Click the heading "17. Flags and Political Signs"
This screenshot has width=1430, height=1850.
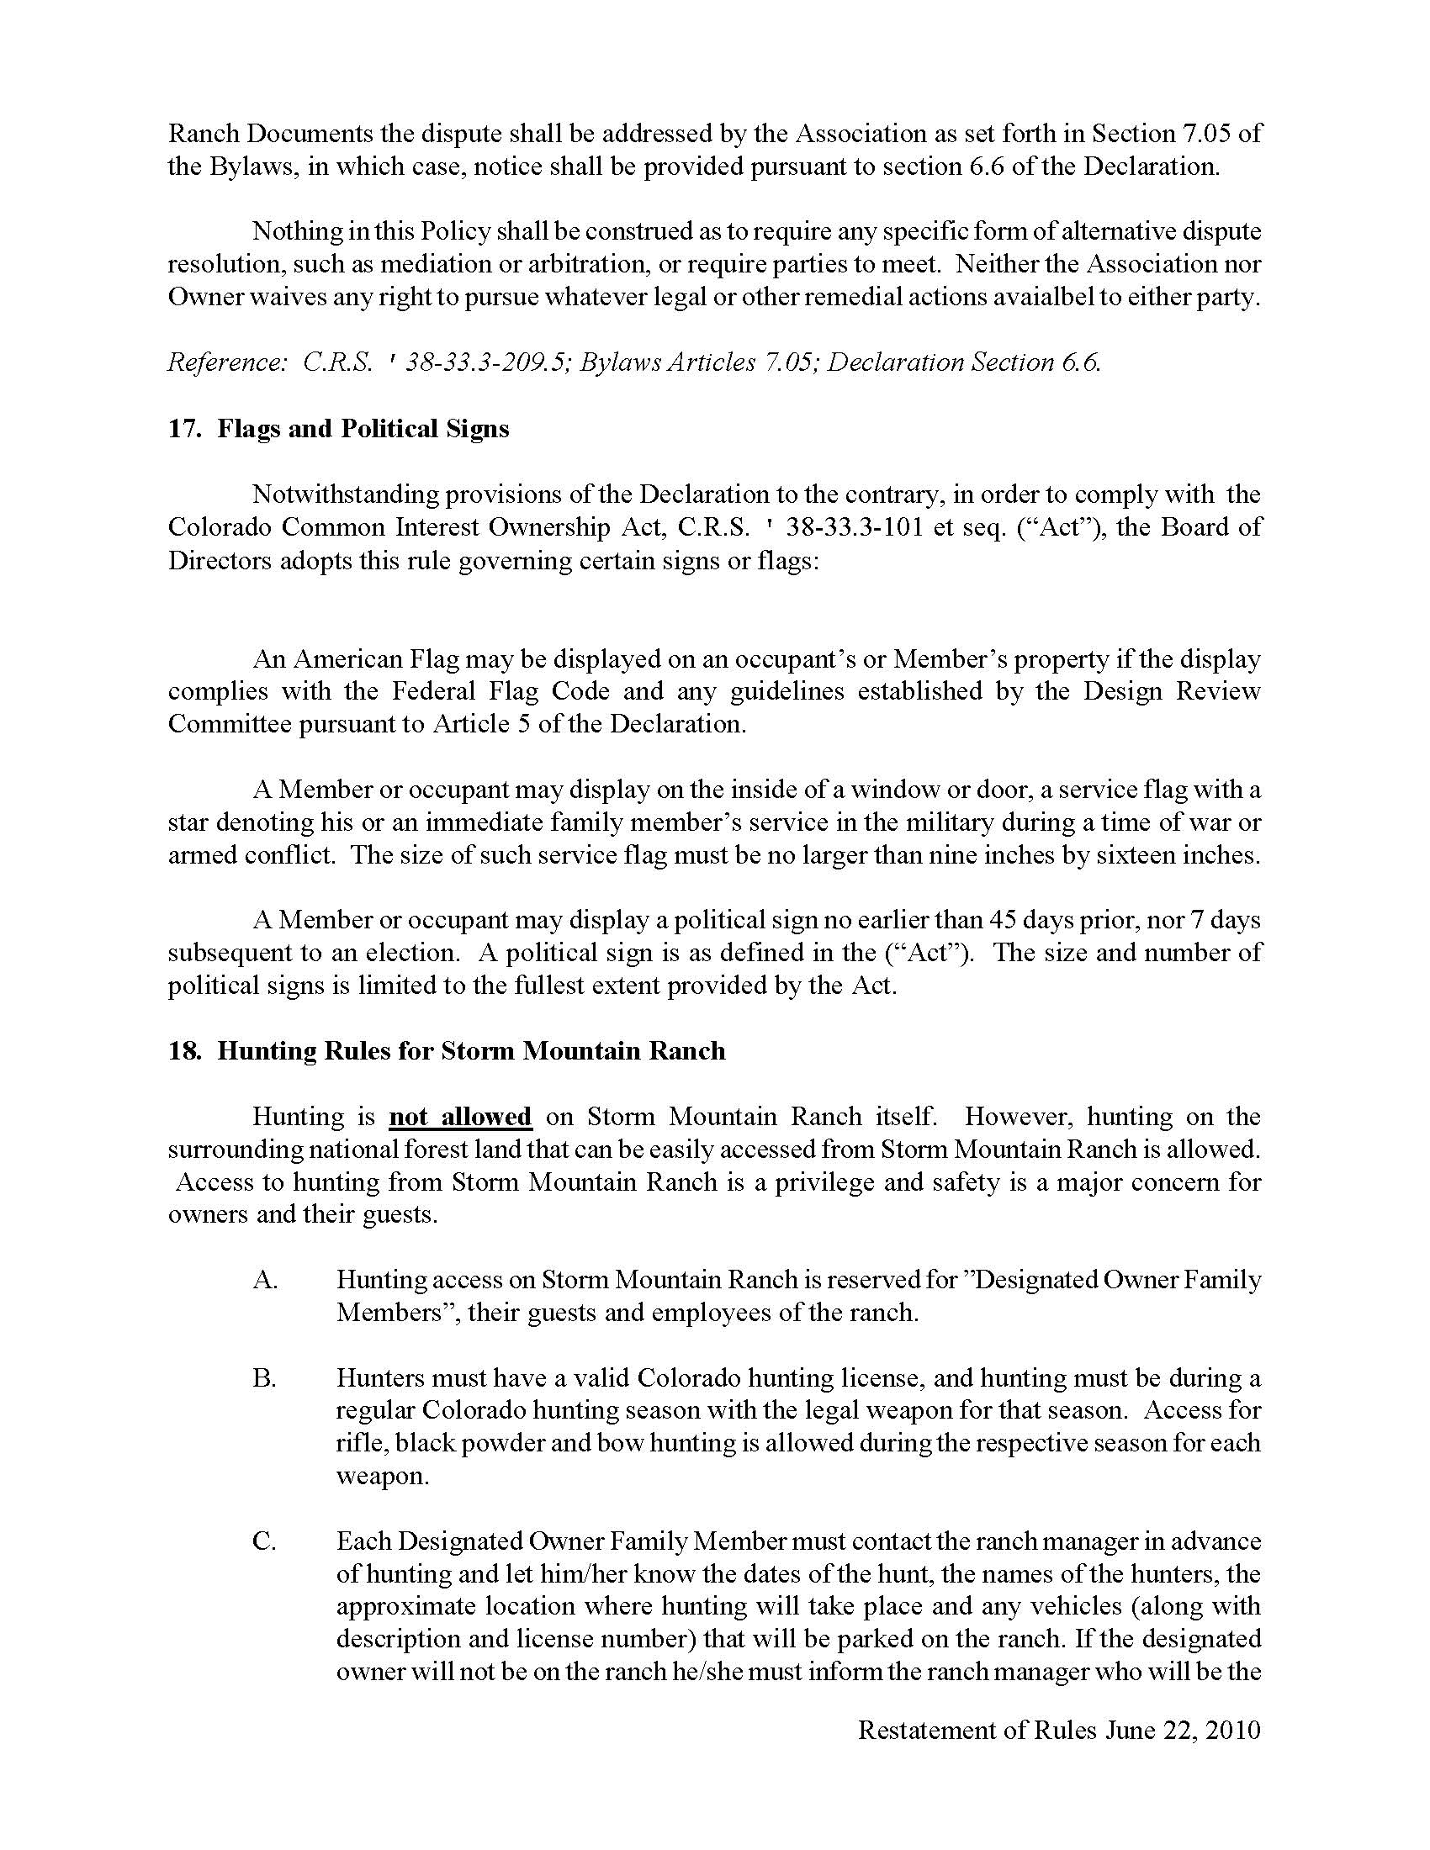coord(338,429)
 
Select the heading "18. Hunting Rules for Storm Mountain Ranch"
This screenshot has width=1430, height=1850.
coord(447,1051)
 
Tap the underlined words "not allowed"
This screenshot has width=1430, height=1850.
coord(460,1117)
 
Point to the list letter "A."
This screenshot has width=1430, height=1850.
coord(265,1280)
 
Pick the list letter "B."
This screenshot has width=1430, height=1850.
coord(264,1378)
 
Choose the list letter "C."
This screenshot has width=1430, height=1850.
coord(264,1541)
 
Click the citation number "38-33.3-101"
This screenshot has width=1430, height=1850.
coord(848,528)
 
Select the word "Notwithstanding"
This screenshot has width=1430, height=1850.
coord(342,494)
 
